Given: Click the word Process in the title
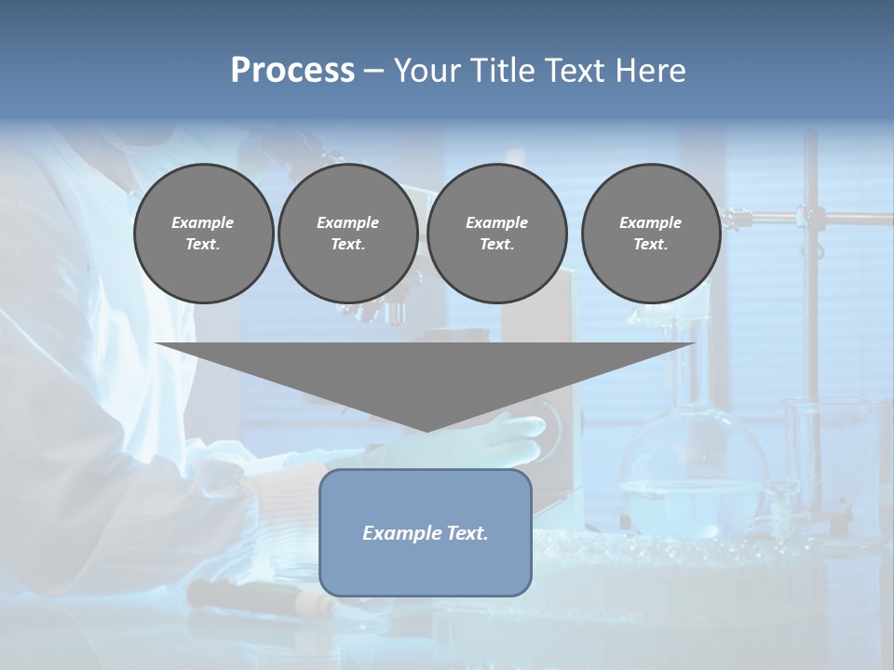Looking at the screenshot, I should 292,71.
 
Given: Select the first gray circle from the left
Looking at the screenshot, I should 203,234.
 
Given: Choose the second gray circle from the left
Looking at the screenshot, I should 347,234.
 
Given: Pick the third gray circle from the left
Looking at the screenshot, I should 496,234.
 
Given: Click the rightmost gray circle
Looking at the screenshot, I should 650,234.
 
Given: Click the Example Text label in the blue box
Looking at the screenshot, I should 425,533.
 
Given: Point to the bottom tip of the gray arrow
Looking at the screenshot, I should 426,430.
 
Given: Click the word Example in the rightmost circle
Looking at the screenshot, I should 650,222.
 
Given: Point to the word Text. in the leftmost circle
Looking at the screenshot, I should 203,245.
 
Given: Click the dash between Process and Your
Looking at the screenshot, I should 373,72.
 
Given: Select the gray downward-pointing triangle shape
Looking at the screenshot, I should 425,372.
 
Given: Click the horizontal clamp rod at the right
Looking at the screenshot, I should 819,217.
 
